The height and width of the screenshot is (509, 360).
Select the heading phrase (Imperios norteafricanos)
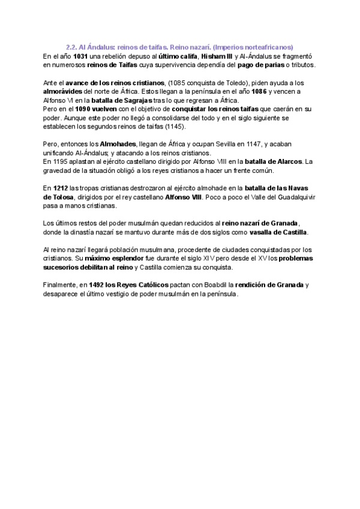254,46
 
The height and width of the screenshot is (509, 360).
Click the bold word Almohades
115,144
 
